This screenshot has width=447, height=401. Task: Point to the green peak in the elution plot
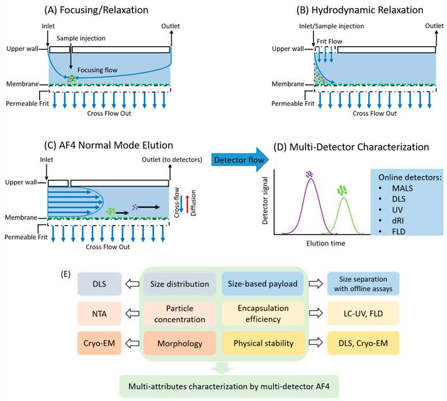343,199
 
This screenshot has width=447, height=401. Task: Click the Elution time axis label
326,244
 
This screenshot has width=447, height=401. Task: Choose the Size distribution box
179,283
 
